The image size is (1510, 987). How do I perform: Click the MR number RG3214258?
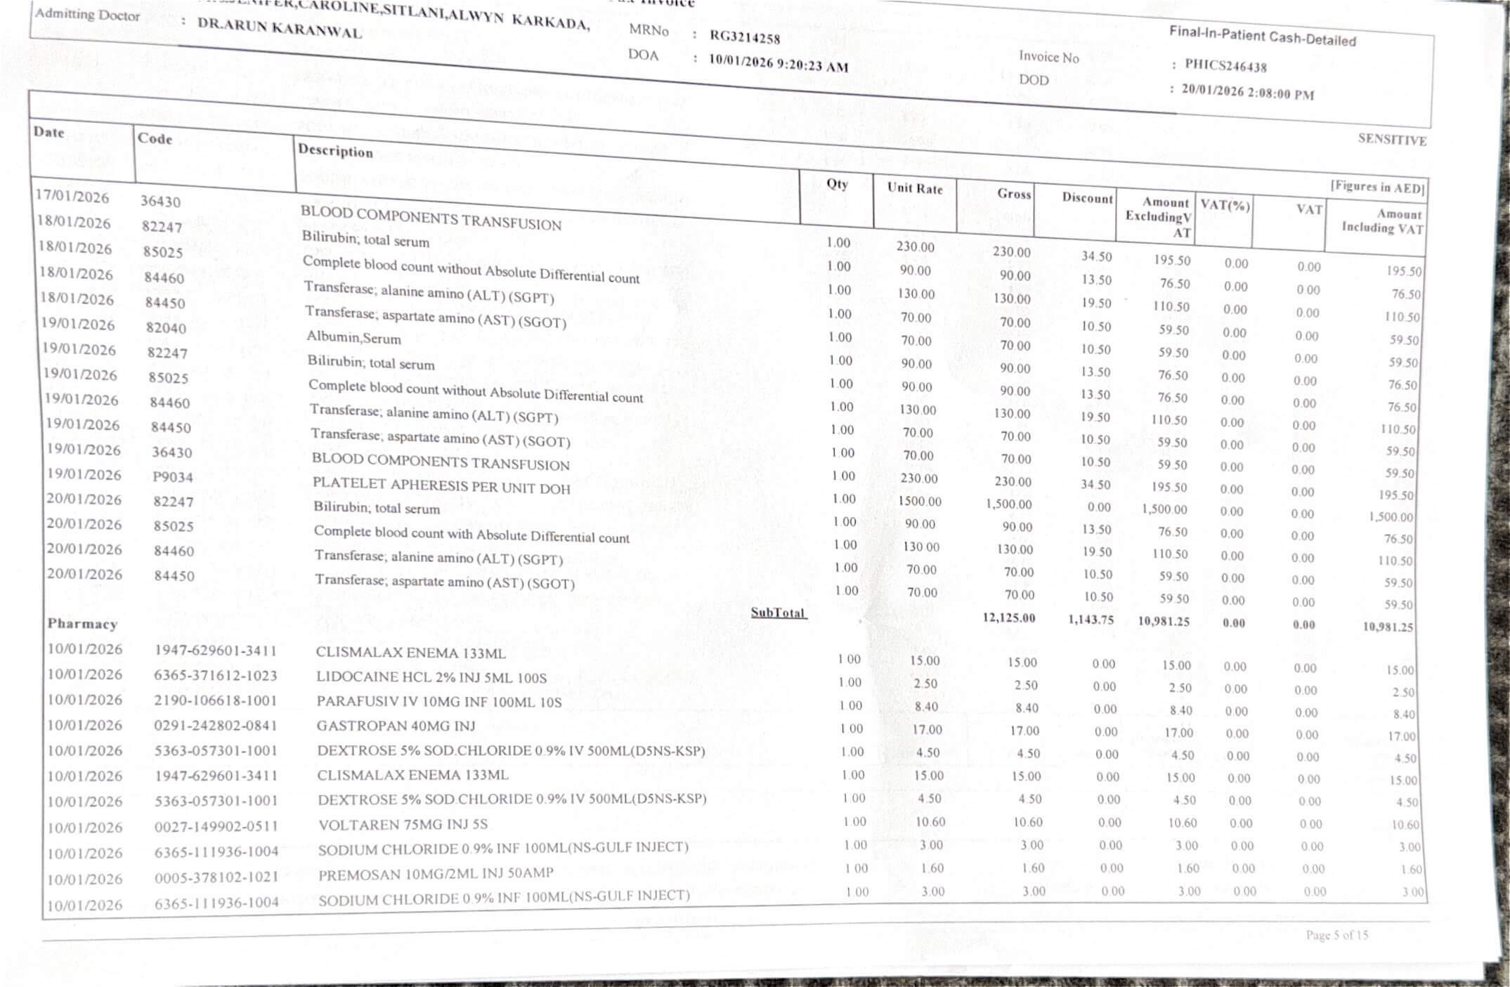(744, 37)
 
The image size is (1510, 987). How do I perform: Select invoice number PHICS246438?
(1225, 66)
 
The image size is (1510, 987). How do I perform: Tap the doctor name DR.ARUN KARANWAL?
(279, 27)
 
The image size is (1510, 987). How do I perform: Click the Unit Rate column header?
(914, 188)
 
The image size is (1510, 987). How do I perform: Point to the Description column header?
(335, 150)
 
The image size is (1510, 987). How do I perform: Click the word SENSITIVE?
(1391, 139)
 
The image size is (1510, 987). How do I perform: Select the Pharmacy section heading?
(82, 624)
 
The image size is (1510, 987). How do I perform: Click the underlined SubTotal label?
(778, 613)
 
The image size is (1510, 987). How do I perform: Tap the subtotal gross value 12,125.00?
(1008, 618)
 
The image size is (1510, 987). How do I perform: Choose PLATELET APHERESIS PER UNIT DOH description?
(441, 485)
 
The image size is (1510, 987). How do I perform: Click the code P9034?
(173, 477)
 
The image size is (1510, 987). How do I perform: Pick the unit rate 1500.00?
(919, 501)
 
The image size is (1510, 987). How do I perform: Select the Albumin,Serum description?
(353, 338)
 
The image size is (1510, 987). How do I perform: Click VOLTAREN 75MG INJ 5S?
(403, 824)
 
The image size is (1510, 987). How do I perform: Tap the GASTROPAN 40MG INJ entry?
(396, 726)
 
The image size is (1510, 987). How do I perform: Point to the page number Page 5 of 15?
(1336, 935)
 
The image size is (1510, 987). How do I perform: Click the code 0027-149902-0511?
(216, 826)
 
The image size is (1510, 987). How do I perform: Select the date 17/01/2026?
(73, 195)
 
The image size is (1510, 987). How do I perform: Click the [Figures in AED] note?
(1376, 187)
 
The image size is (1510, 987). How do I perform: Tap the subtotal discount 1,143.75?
(1091, 620)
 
